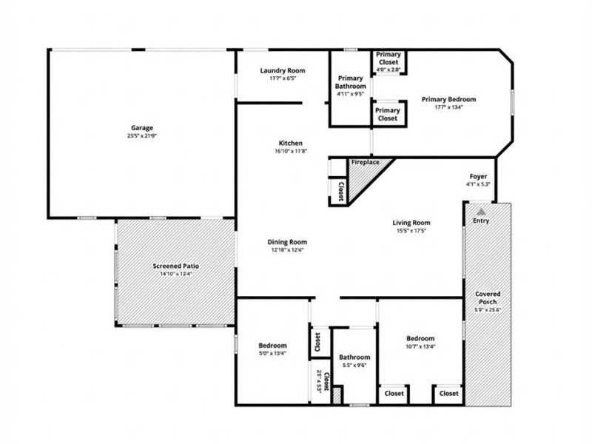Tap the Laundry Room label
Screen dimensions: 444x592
[x=282, y=71]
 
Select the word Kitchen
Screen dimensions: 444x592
[x=290, y=143]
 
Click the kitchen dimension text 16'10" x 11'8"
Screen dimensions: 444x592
[x=290, y=152]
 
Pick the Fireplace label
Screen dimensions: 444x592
[x=365, y=161]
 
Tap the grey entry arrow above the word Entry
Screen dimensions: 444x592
[x=481, y=211]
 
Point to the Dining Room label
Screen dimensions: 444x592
[x=287, y=242]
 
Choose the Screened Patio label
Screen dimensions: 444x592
[x=175, y=266]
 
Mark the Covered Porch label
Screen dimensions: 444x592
[x=487, y=298]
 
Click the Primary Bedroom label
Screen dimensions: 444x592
[x=448, y=99]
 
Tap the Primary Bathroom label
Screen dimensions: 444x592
[x=351, y=82]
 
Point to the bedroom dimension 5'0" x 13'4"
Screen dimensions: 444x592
[x=272, y=354]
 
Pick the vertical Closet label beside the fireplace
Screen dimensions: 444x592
[x=340, y=192]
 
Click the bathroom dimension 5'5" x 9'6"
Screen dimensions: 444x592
[x=354, y=365]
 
